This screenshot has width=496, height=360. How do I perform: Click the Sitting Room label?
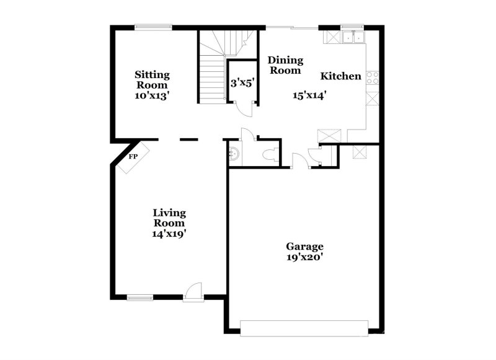click(152, 79)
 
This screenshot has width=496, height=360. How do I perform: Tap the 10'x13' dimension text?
click(152, 95)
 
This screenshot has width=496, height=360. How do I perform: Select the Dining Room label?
click(285, 65)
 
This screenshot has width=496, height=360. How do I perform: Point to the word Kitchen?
click(340, 76)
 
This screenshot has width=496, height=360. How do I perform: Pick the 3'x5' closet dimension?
click(242, 82)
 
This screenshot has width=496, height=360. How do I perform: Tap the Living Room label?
click(169, 217)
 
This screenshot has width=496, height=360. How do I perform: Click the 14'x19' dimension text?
click(169, 234)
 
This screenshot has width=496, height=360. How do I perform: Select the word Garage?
click(304, 246)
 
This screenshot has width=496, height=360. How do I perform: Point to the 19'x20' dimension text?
click(304, 257)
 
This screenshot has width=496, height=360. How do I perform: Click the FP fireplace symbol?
click(133, 157)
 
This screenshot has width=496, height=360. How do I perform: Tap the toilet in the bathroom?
click(270, 154)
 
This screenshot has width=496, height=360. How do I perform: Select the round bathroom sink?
click(234, 154)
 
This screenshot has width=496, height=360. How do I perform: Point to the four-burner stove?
click(373, 77)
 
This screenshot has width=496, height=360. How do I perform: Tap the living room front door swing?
click(195, 291)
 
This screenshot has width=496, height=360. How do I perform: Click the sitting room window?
click(153, 26)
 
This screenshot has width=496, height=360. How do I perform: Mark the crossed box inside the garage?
click(359, 152)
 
